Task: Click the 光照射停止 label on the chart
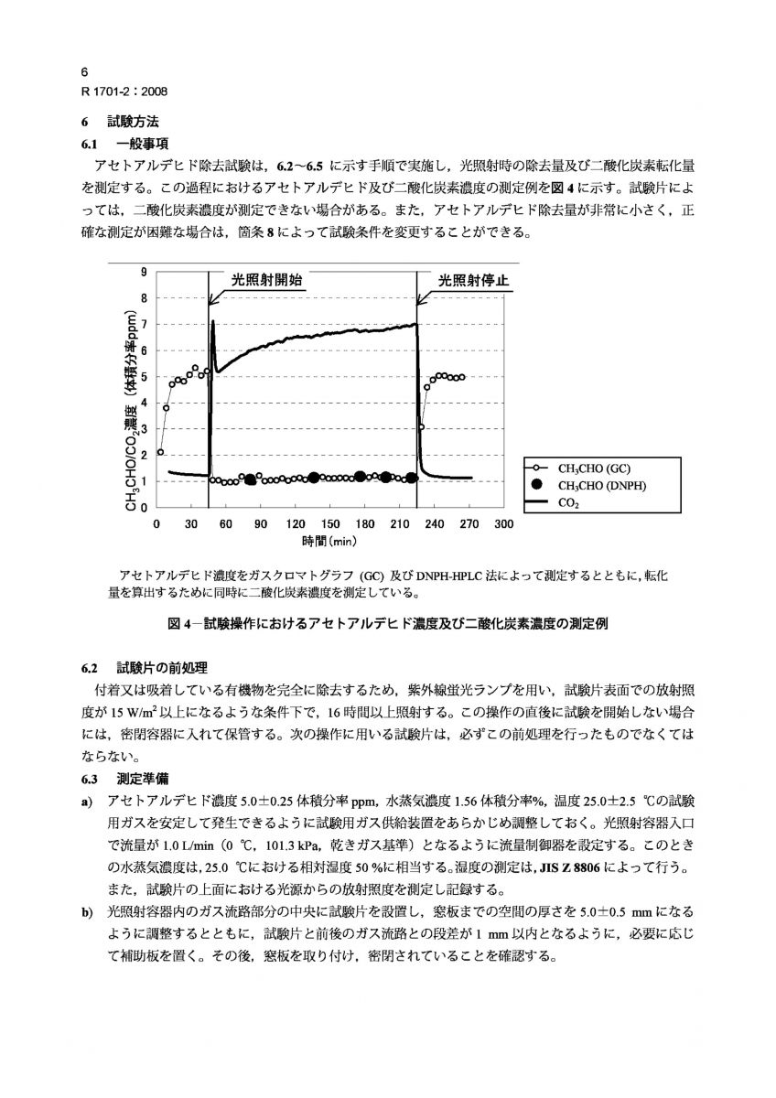[x=472, y=280]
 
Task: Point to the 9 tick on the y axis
[x=143, y=272]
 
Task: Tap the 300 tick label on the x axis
[x=503, y=524]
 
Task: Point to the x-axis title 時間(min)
[x=329, y=541]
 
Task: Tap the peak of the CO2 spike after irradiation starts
[x=212, y=321]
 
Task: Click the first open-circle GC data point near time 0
[x=160, y=451]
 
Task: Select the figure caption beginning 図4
[x=388, y=624]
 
